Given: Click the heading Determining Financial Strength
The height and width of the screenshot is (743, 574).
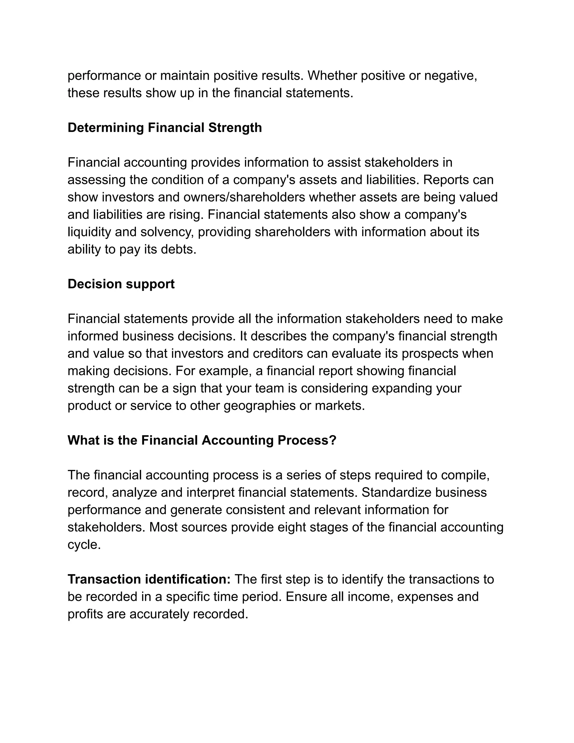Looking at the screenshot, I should pos(165,128).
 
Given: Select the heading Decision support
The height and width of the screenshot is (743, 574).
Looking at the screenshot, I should pos(121,284).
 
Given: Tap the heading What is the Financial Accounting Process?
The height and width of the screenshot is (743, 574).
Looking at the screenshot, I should pos(202,440).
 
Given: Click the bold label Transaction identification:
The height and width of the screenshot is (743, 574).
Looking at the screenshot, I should pos(149,579).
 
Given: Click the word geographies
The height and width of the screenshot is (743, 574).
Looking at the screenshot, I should pos(260,405).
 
